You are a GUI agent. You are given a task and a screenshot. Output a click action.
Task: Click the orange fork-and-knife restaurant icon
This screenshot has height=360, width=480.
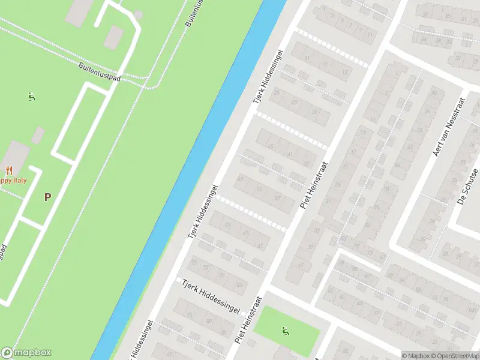pos(9,170)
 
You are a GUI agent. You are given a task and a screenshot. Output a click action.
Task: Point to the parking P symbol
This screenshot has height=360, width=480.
pos(47,196)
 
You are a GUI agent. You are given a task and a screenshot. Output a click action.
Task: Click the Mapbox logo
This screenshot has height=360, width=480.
pos(26,353)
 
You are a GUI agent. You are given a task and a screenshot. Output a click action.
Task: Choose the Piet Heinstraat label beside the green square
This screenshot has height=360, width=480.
pos(249,319)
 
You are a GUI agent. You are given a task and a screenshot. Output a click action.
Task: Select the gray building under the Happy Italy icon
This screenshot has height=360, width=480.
pos(18,153)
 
